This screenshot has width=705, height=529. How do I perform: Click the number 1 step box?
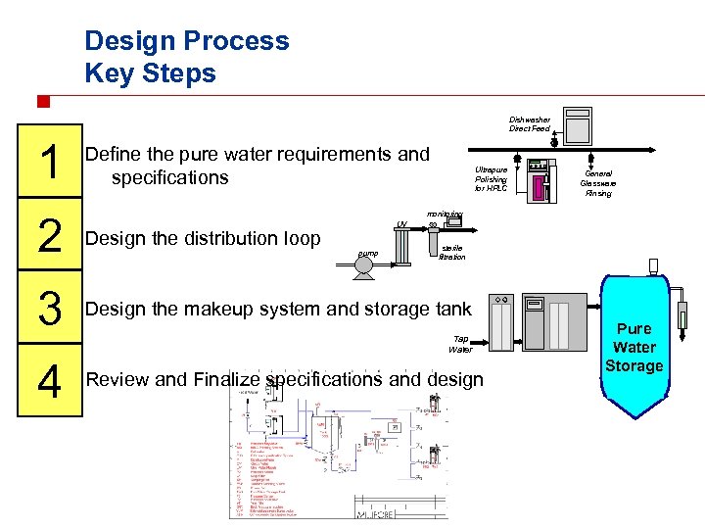tap(47, 162)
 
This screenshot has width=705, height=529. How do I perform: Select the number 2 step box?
tap(47, 237)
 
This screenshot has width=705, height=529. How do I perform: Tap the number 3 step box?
tap(47, 311)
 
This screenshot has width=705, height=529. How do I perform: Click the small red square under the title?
tap(42, 101)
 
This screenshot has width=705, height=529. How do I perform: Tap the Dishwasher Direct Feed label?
tap(529, 124)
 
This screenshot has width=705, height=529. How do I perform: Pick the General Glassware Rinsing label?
tap(597, 183)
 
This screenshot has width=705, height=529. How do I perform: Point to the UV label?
tap(402, 224)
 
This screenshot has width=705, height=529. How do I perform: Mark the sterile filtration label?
tap(452, 253)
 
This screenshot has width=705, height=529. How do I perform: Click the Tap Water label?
tap(460, 344)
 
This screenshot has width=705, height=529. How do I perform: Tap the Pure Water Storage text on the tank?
tap(634, 347)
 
